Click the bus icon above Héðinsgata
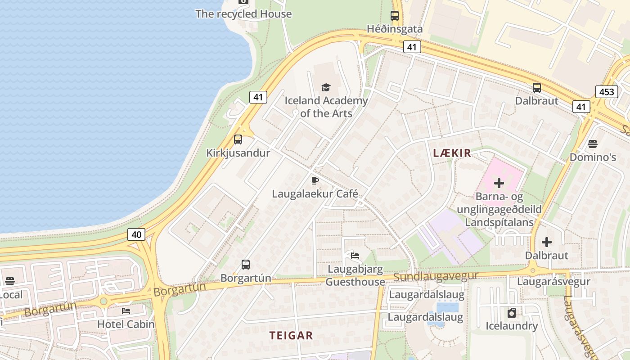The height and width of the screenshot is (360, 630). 395,15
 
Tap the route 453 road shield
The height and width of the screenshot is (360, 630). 607,92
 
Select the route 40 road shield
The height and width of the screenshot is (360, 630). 137,234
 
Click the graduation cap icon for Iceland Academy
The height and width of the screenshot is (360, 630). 326,87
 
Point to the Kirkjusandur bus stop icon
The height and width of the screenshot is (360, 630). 238,139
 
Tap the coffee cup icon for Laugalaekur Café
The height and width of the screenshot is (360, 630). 315,181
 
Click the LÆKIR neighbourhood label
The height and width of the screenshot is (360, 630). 452,153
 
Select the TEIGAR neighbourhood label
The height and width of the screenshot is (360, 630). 291,335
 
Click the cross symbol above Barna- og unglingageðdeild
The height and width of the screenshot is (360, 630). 499,183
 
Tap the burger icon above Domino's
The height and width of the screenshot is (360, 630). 593,144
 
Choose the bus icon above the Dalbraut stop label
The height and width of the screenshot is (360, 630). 537,88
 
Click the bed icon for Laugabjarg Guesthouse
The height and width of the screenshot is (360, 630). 355,256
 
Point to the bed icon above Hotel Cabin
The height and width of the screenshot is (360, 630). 126,311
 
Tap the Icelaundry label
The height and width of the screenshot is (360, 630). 512,326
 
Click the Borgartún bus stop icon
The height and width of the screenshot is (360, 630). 246,265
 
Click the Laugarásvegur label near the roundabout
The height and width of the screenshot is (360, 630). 553,282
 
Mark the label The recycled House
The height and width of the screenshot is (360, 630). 243,14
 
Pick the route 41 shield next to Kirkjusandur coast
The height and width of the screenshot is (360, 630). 258,97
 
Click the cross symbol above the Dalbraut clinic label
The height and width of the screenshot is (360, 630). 547,242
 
